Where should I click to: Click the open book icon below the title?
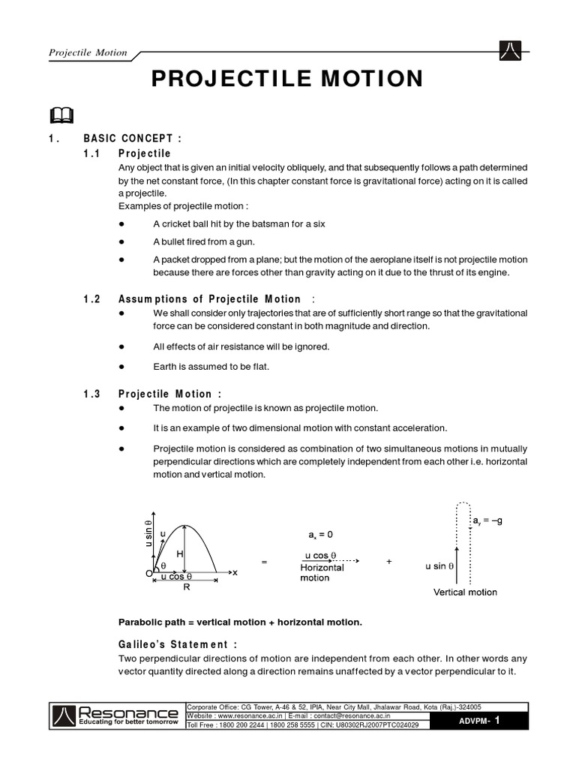pos(62,115)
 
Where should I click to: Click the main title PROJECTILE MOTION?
pos(287,79)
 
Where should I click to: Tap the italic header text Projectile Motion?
pos(88,53)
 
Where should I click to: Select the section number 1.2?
pos(92,298)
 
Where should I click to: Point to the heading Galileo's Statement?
pos(178,644)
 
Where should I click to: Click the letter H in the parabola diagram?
pos(180,553)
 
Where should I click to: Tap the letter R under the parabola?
pos(187,588)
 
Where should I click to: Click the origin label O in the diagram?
pos(148,574)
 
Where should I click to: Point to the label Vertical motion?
pos(465,592)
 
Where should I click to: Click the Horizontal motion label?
pos(322,573)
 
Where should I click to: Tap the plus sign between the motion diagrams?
pos(388,562)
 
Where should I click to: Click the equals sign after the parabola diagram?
pos(263,562)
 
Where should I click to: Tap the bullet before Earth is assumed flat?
pos(121,367)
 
